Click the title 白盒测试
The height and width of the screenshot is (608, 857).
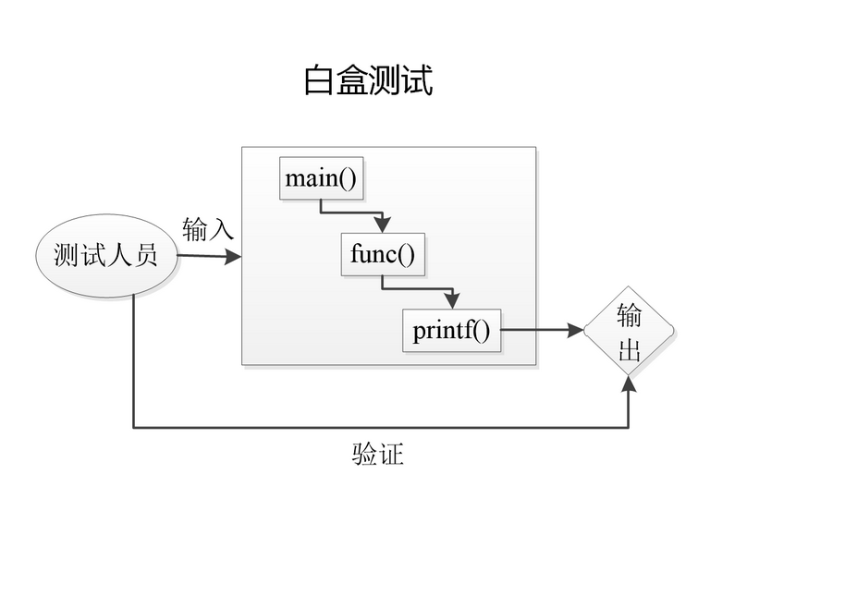click(x=368, y=81)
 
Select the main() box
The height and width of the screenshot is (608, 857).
click(x=320, y=178)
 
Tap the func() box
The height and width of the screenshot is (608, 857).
click(x=383, y=254)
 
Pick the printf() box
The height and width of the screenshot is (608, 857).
click(x=451, y=330)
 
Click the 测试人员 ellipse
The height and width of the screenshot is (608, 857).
click(x=105, y=255)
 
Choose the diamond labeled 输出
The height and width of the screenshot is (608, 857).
click(x=629, y=331)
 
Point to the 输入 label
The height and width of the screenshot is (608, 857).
click(x=208, y=228)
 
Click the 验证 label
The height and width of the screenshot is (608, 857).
click(x=378, y=454)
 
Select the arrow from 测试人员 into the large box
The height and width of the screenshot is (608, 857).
click(x=209, y=256)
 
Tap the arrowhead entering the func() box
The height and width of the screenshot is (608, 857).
click(x=383, y=225)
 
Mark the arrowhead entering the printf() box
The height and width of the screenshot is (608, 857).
click(x=451, y=301)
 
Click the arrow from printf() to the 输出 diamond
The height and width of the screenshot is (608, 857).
click(x=544, y=330)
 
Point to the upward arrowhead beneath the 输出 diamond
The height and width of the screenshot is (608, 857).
click(x=629, y=383)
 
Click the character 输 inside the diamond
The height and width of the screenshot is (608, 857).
click(x=629, y=316)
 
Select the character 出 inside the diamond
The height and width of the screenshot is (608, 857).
click(x=629, y=348)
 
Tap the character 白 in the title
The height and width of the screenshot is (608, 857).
click(x=319, y=81)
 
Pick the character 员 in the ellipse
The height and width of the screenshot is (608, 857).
click(x=145, y=255)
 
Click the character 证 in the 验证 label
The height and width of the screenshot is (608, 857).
click(x=391, y=454)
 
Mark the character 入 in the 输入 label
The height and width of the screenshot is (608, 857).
click(x=221, y=228)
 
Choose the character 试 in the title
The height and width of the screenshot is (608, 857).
click(x=418, y=81)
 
